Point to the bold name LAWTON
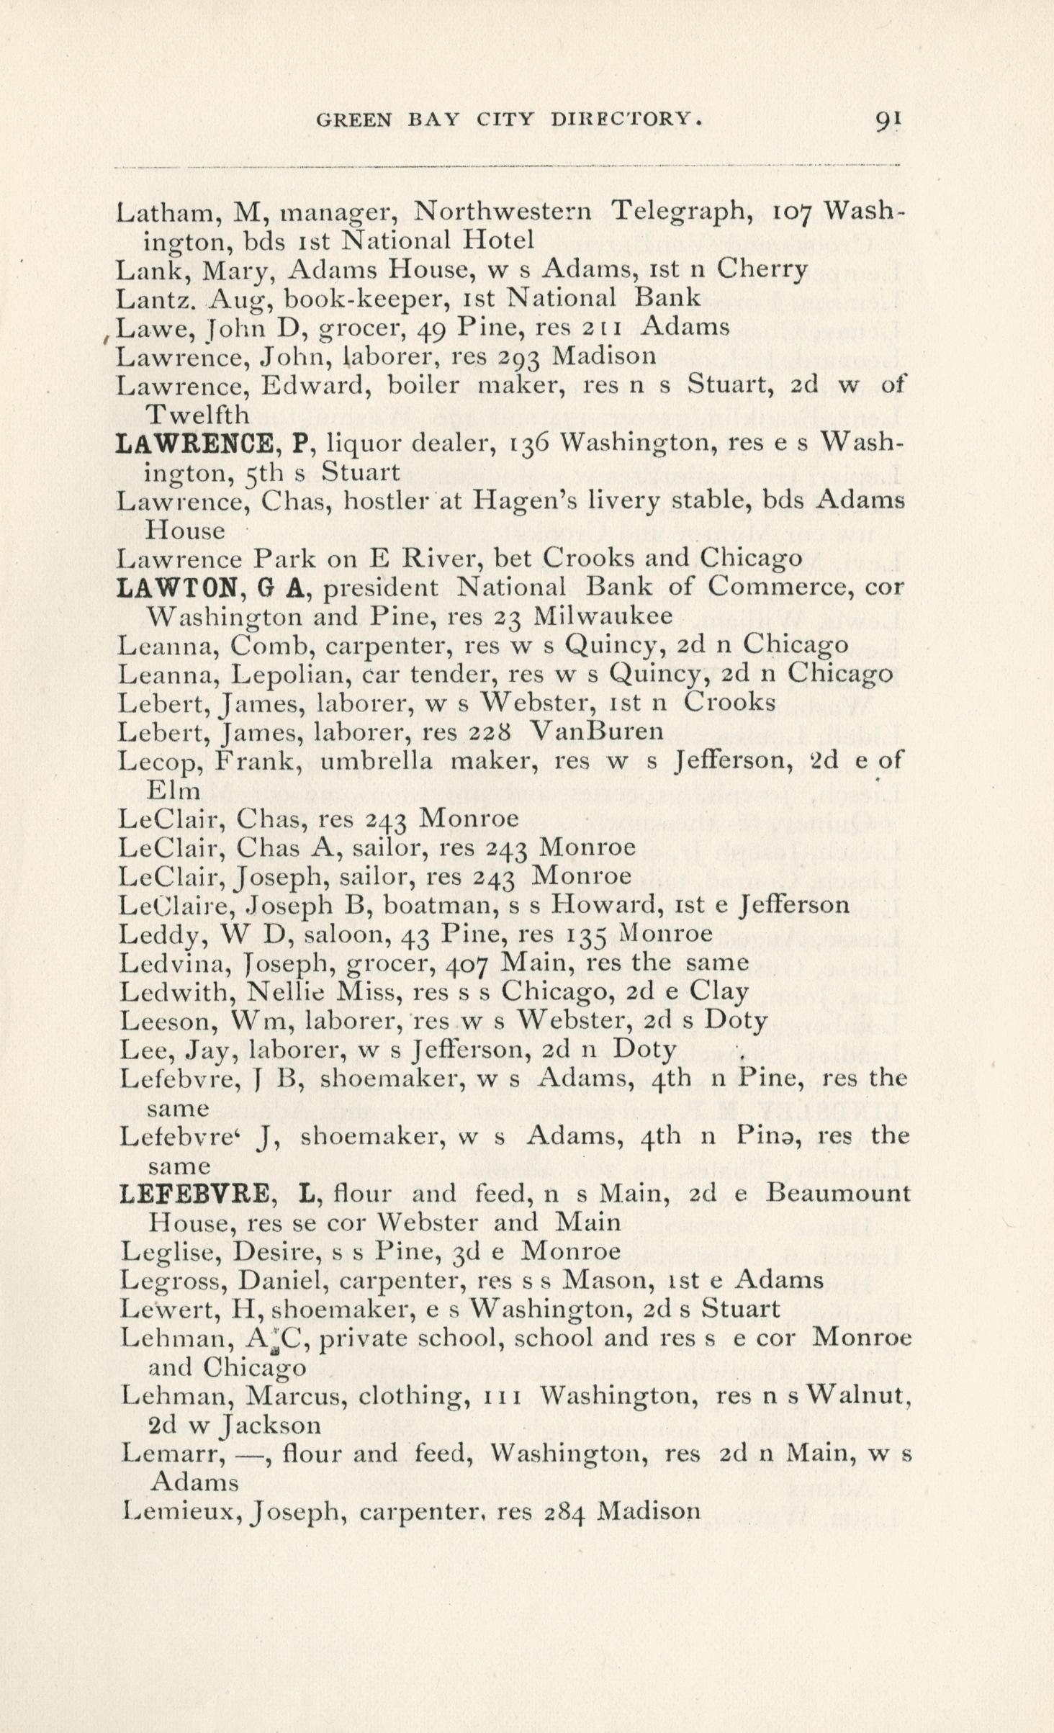[176, 588]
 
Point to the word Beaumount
[838, 1194]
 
